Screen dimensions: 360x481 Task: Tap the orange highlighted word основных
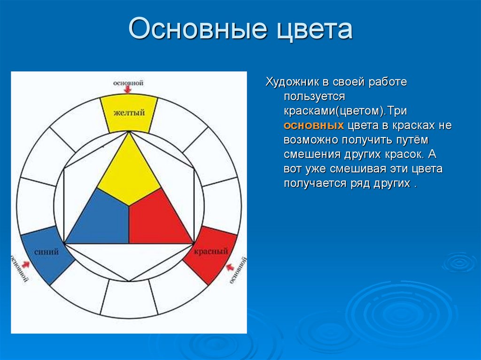(x=313, y=126)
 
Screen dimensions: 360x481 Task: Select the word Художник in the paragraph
(x=293, y=82)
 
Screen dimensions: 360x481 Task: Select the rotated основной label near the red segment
(x=238, y=270)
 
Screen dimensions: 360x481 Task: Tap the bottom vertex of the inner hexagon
(x=128, y=281)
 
